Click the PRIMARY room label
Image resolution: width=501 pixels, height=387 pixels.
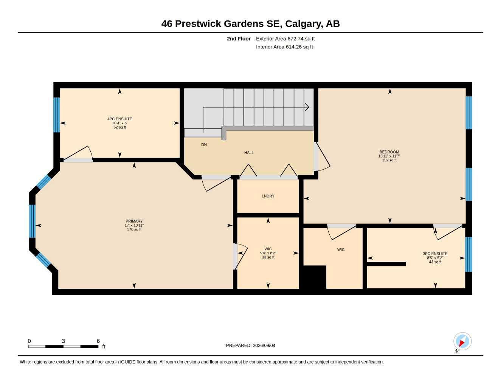pyautogui.click(x=134, y=221)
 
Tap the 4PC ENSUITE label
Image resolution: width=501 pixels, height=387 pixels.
pyautogui.click(x=119, y=119)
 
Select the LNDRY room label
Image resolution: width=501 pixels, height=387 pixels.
pyautogui.click(x=268, y=196)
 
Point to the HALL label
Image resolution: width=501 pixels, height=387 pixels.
pyautogui.click(x=249, y=153)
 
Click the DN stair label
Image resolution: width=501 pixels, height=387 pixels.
pyautogui.click(x=204, y=145)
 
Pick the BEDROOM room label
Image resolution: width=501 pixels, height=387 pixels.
pyautogui.click(x=389, y=152)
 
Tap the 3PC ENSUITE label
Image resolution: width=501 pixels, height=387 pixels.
pyautogui.click(x=435, y=254)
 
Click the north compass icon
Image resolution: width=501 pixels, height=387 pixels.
pyautogui.click(x=462, y=341)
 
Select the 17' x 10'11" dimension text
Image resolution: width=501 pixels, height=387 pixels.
pyautogui.click(x=134, y=225)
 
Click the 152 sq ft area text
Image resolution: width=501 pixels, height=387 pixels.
pyautogui.click(x=389, y=160)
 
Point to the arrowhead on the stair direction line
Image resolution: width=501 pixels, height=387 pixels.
pyautogui.click(x=307, y=107)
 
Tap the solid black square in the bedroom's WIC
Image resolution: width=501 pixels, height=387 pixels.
pyautogui.click(x=315, y=277)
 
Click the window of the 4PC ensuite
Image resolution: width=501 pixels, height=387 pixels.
pyautogui.click(x=56, y=115)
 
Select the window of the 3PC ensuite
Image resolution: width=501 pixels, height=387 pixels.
pyautogui.click(x=468, y=254)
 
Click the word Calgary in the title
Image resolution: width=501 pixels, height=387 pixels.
pyautogui.click(x=304, y=24)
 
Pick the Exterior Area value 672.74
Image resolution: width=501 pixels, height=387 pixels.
pyautogui.click(x=295, y=39)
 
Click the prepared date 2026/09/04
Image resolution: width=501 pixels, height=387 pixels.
pyautogui.click(x=264, y=345)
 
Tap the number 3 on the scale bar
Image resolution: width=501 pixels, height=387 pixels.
pyautogui.click(x=64, y=341)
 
